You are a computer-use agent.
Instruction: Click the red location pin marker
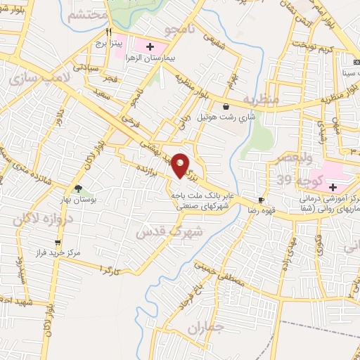click(x=181, y=166)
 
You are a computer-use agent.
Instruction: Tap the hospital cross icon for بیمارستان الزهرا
click(x=150, y=46)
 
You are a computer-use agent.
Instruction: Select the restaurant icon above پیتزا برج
click(x=108, y=32)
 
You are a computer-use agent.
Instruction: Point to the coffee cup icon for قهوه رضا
click(x=262, y=200)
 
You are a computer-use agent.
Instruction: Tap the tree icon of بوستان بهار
click(x=77, y=188)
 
